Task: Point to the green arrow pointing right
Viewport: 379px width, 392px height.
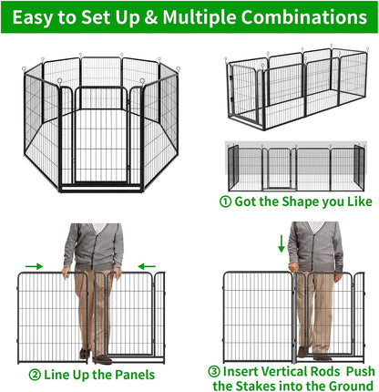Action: tap(33, 266)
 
